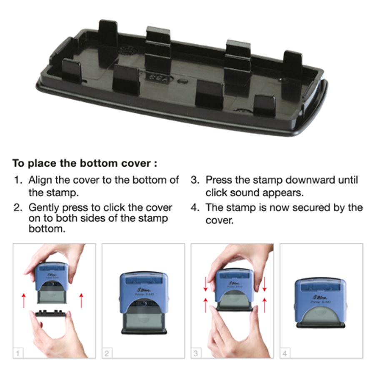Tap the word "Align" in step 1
pos(40,180)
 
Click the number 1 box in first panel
pos(18,353)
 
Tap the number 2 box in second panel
pos(107,353)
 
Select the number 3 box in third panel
pos(196,353)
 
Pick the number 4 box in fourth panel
pos(285,353)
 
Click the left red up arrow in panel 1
pos(23,300)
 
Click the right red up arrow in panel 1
pos(81,300)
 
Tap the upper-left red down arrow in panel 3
pos(205,284)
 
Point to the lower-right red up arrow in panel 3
pos(265,305)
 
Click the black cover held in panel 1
pos(50,313)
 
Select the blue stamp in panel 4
pos(320,302)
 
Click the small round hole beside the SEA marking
pos(183,81)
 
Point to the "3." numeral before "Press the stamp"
pos(195,180)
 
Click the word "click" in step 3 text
pos(216,193)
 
